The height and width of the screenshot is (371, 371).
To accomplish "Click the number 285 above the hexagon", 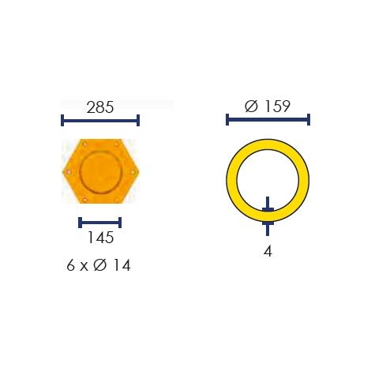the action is pyautogui.click(x=100, y=107).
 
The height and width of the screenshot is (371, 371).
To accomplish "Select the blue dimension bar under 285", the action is pyautogui.click(x=100, y=121).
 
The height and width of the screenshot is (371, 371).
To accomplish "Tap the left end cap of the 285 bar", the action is pyautogui.click(x=62, y=121).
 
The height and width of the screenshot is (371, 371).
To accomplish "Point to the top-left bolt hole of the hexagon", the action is pyautogui.click(x=84, y=144).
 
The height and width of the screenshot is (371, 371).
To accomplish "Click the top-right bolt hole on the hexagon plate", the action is pyautogui.click(x=117, y=144).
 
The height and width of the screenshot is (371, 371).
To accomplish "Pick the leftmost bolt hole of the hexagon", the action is pyautogui.click(x=69, y=172).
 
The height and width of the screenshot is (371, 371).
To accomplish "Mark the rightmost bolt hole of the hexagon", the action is pyautogui.click(x=133, y=172).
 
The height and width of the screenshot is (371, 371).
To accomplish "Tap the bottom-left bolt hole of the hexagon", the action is pyautogui.click(x=84, y=200).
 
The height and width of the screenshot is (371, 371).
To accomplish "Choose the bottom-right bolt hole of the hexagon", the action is pyautogui.click(x=117, y=200).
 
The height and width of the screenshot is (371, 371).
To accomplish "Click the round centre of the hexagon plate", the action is pyautogui.click(x=101, y=172).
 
